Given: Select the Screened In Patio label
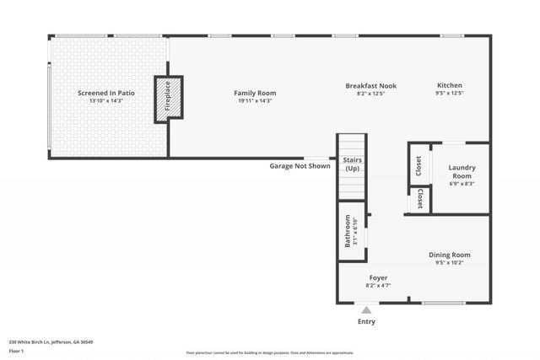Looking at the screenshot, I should (x=106, y=93).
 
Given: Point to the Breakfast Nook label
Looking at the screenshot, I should (x=370, y=86).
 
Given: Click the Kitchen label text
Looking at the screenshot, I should (x=449, y=86).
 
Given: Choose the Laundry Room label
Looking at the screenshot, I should (x=462, y=171).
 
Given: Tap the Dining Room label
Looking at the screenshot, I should (x=450, y=255).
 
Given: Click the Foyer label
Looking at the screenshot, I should (x=378, y=277).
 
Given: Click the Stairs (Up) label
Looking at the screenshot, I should (x=352, y=164).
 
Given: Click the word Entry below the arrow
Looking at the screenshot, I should (x=366, y=321).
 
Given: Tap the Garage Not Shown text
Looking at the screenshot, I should (x=300, y=166).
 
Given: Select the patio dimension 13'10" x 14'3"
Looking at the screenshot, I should (x=106, y=101).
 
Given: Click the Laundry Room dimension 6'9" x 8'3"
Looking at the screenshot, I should (x=462, y=184).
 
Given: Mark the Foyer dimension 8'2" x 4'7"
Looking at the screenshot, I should (x=378, y=286).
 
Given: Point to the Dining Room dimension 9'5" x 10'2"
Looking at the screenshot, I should (x=450, y=263).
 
